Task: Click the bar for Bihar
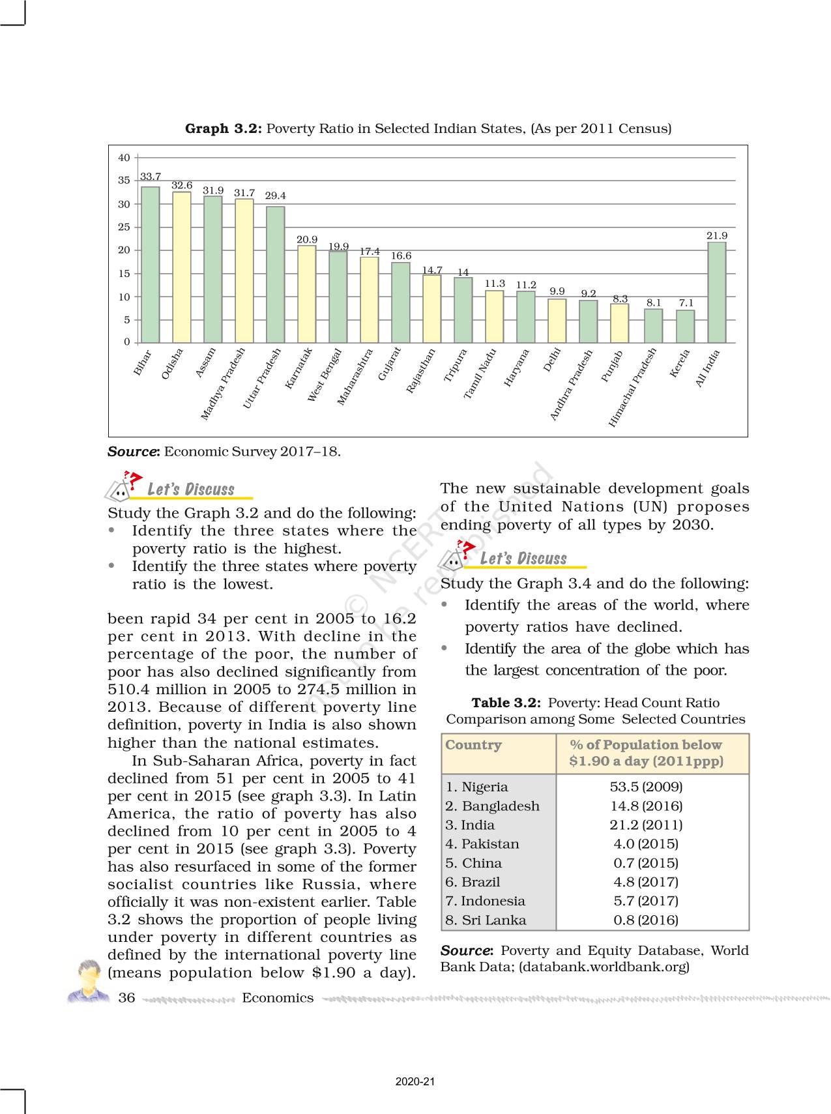coord(151,265)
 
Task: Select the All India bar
coord(717,292)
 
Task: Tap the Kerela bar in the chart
coord(685,326)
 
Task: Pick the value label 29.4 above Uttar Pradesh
coord(275,196)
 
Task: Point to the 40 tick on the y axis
coord(124,158)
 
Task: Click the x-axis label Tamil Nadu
coord(480,374)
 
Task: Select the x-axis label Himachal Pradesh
coord(632,388)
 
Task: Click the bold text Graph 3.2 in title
coord(224,128)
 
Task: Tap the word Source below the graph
coord(132,452)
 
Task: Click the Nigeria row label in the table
coord(476,787)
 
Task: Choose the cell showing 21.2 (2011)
coord(646,825)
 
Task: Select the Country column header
coord(474,745)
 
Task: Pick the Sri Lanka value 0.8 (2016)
coord(646,920)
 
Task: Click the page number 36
coord(126,998)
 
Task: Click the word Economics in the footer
coord(278,998)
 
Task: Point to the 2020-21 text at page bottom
coord(415,1081)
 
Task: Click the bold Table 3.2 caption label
coord(506,703)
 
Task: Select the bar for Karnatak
coord(307,294)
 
